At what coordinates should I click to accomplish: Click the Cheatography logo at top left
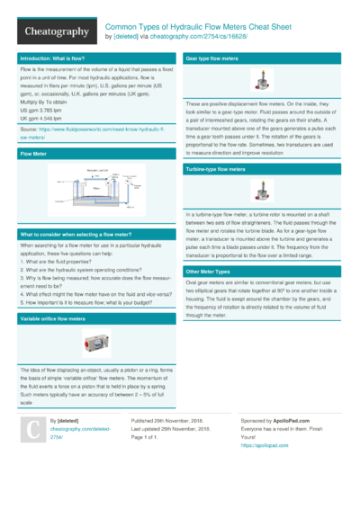tap(56, 31)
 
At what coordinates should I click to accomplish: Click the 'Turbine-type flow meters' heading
tap(215, 169)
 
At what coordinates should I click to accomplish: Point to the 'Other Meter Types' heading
tap(207, 271)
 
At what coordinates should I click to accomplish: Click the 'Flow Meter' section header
tap(33, 155)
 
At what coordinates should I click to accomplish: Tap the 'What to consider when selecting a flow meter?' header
tap(76, 235)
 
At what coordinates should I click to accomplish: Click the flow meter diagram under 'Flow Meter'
tap(94, 190)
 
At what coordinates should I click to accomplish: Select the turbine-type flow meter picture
tap(264, 191)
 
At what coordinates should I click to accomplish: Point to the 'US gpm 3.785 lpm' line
tap(44, 109)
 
